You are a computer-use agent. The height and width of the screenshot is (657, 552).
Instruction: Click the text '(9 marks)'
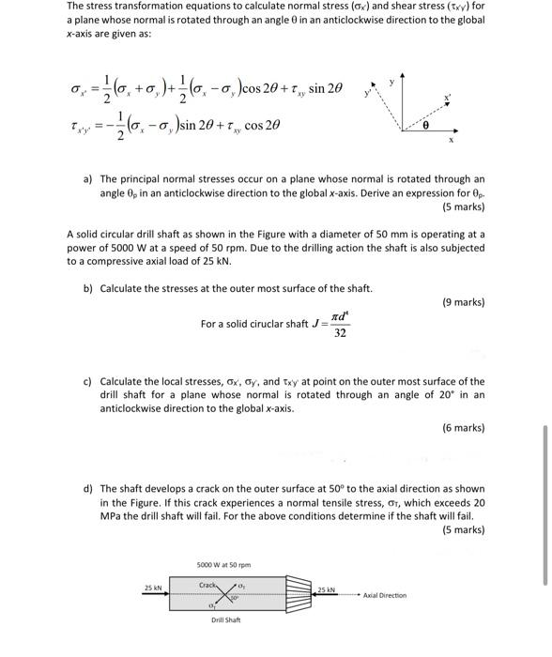463,302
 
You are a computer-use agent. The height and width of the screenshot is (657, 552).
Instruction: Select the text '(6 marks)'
463,428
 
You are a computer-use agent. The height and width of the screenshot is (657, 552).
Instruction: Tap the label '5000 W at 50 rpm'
223,564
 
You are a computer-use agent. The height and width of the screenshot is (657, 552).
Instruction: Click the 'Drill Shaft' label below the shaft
226,620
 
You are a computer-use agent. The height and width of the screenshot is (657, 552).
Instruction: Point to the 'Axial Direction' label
385,595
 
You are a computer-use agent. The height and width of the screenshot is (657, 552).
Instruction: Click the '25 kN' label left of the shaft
153,588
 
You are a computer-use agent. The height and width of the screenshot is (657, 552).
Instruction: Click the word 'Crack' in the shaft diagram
208,585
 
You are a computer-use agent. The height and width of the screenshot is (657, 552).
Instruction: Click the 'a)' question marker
87,178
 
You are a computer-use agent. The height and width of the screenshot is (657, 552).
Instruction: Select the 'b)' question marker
87,288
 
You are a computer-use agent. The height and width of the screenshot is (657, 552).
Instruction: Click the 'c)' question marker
87,382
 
